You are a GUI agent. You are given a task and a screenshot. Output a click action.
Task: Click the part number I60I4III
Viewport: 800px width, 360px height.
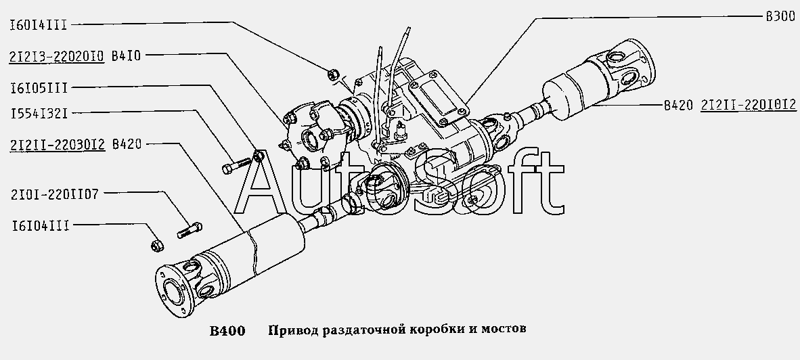[39, 24]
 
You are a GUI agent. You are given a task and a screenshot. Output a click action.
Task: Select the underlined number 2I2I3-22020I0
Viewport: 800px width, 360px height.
[57, 56]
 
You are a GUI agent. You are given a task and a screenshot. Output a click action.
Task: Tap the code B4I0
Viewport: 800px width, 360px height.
[125, 56]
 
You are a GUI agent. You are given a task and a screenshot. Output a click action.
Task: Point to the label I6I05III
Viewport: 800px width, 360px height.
[39, 88]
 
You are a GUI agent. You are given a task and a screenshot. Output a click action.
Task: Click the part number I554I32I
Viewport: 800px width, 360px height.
[39, 113]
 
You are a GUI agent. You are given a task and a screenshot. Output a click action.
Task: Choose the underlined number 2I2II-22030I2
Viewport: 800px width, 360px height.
[57, 144]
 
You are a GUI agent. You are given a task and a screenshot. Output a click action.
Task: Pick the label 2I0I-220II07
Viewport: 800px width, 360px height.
[54, 194]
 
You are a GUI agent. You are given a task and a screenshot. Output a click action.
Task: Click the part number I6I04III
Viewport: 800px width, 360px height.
[40, 225]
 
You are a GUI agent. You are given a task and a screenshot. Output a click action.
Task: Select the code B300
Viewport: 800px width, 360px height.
[780, 17]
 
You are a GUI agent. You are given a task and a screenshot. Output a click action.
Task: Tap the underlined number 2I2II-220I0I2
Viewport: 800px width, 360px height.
[749, 105]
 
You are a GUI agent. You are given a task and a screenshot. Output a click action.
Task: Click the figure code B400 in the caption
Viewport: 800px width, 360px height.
[227, 331]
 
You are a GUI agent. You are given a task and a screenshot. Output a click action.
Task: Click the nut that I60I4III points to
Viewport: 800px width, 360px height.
[331, 74]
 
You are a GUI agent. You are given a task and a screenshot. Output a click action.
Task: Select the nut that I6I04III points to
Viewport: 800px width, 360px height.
[156, 244]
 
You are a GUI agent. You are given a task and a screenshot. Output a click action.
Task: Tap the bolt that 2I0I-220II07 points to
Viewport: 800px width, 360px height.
[190, 230]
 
